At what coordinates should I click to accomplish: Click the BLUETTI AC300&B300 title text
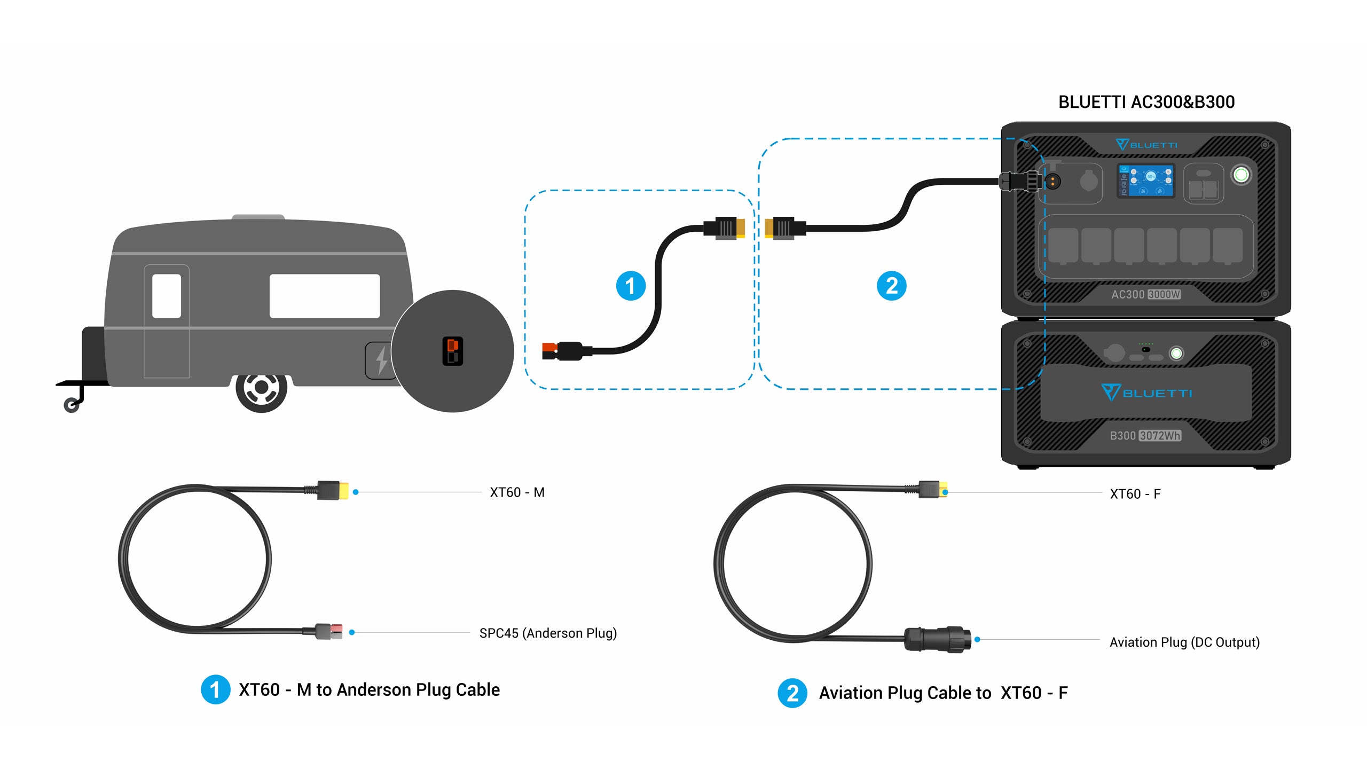1146,102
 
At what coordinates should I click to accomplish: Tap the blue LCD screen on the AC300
1146,181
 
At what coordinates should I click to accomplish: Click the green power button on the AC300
1241,175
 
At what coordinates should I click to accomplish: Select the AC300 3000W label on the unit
1145,294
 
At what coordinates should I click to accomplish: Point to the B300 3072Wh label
1145,436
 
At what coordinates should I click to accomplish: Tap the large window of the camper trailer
324,296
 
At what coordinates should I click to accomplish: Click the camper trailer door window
167,296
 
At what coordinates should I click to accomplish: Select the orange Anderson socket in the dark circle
452,351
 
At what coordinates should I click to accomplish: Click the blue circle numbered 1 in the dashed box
631,286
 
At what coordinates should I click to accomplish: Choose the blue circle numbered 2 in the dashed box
891,286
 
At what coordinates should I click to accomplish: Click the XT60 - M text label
517,492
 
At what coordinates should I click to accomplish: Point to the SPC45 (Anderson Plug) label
548,633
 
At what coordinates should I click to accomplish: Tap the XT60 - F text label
1135,494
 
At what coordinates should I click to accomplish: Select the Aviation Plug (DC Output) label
1184,642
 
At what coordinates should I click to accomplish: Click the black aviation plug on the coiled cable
937,639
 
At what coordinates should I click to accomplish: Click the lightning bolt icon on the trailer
381,360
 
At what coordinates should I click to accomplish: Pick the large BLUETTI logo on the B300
1146,393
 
